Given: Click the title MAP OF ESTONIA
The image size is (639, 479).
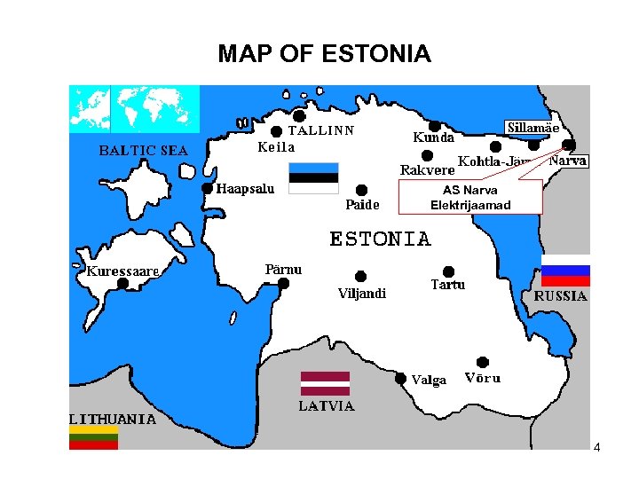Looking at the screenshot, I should [x=324, y=54].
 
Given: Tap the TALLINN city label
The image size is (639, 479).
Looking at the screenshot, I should [x=320, y=130].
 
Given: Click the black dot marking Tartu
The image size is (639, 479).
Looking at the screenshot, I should [x=448, y=271].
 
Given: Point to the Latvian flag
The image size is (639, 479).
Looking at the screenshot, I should [x=325, y=383].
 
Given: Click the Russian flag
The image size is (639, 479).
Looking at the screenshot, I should [x=565, y=275].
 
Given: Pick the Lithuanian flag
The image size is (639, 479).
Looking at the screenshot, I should [x=93, y=437].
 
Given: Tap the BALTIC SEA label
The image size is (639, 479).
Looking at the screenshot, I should [x=142, y=151].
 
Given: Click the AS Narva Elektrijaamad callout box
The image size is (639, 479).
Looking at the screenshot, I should [x=470, y=198].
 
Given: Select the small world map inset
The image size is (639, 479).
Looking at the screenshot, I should [x=135, y=108].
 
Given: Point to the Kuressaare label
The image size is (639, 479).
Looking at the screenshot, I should [x=122, y=271].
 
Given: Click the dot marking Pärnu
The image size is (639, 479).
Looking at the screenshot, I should [x=283, y=284].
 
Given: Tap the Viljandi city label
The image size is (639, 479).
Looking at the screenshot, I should [x=362, y=294].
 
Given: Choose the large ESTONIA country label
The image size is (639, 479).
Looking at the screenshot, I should [x=381, y=239].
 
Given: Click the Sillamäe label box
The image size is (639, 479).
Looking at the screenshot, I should [x=532, y=128].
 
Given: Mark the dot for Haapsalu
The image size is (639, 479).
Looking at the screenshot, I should [x=207, y=188].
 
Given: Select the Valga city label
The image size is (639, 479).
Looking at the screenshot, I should [x=429, y=381].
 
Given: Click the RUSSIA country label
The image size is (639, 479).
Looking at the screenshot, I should [x=560, y=296].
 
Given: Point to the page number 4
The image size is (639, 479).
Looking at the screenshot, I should [x=596, y=448].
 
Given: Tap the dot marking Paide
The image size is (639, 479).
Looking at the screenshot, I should [x=361, y=190].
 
